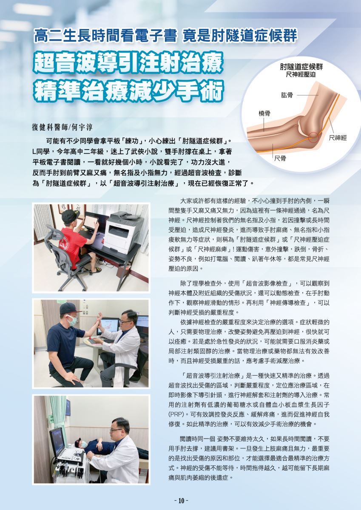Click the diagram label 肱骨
(x=287, y=95)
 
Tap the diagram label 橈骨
(x=264, y=113)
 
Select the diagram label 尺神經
(x=338, y=138)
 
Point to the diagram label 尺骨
(x=280, y=158)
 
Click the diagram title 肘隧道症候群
(x=301, y=67)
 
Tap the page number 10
(x=181, y=501)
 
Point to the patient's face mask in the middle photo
(x=73, y=321)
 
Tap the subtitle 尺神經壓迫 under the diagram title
(x=301, y=75)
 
